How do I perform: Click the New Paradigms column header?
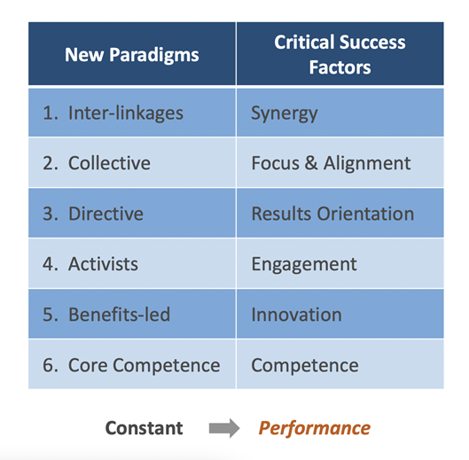click(131, 55)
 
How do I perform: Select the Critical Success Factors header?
click(340, 55)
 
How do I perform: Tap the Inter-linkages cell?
click(131, 113)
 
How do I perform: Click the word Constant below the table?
click(144, 428)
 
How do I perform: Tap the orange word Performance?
click(314, 428)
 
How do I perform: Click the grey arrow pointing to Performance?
click(224, 429)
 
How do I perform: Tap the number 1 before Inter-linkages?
click(50, 113)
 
